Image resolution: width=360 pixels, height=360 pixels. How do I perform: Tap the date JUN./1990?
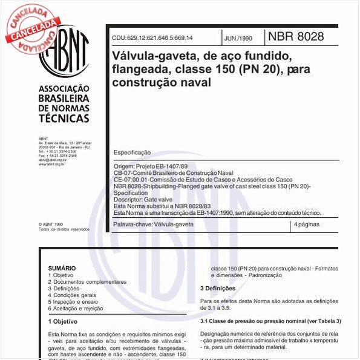point(238,38)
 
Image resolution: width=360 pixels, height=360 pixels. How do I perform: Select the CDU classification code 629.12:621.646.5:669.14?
point(152,38)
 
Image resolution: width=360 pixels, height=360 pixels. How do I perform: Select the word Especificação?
point(132,152)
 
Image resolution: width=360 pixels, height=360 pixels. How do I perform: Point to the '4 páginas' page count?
point(307,224)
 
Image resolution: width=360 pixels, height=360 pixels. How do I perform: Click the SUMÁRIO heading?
point(62,268)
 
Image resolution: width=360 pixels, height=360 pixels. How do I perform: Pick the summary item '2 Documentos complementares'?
point(87,282)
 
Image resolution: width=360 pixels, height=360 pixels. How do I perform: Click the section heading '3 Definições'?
point(218,288)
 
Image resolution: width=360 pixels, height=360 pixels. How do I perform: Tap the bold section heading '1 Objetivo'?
point(63,321)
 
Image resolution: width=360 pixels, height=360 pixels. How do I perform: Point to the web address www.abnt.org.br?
point(51,164)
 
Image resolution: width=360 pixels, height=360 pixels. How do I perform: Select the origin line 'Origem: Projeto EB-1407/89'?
point(151,166)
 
